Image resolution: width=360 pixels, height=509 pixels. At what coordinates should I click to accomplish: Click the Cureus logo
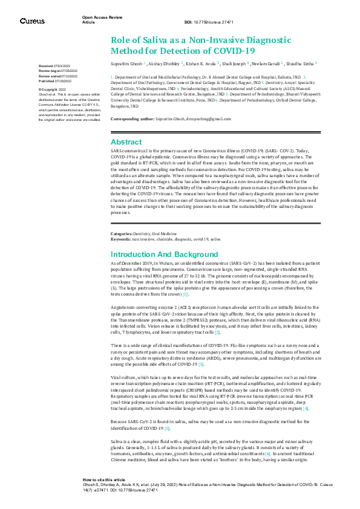[32, 21]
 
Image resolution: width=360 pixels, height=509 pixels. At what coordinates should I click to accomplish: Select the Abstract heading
[126, 142]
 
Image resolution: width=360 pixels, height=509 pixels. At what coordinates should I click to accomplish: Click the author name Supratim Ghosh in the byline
[126, 62]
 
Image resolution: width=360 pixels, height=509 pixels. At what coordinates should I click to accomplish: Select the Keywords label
[122, 239]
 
